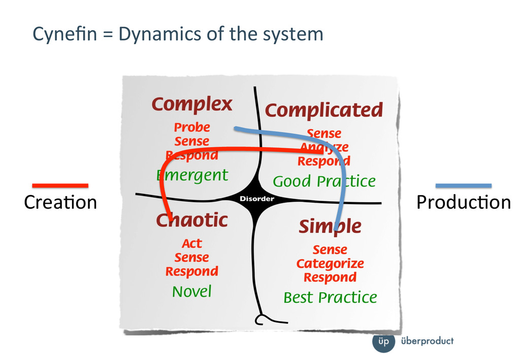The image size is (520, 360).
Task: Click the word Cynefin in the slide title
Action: pyautogui.click(x=56, y=34)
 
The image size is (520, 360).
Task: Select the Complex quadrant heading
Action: pyautogui.click(x=192, y=105)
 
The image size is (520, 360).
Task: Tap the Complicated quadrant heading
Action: pyautogui.click(x=323, y=110)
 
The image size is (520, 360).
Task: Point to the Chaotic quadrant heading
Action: pyautogui.click(x=192, y=220)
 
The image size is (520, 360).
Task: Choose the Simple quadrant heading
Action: pyautogui.click(x=330, y=226)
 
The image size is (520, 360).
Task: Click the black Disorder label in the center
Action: pyautogui.click(x=257, y=199)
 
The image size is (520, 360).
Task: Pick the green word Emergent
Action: pyautogui.click(x=192, y=176)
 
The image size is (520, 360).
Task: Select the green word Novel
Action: pyautogui.click(x=191, y=291)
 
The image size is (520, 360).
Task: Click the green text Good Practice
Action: pyautogui.click(x=324, y=181)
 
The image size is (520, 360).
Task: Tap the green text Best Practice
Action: pyautogui.click(x=330, y=297)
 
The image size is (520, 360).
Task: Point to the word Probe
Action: pyautogui.click(x=192, y=127)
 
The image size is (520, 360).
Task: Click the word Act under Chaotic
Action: pyautogui.click(x=192, y=244)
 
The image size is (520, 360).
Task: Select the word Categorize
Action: pyautogui.click(x=330, y=264)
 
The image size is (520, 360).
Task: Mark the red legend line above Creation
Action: pyautogui.click(x=60, y=185)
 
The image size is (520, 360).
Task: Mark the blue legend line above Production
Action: pyautogui.click(x=463, y=185)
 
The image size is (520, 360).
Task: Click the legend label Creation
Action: pyautogui.click(x=60, y=203)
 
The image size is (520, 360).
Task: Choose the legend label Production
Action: pyautogui.click(x=463, y=203)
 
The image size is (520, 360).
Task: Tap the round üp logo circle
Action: pyautogui.click(x=383, y=341)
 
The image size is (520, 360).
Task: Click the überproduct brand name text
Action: pyautogui.click(x=427, y=341)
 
